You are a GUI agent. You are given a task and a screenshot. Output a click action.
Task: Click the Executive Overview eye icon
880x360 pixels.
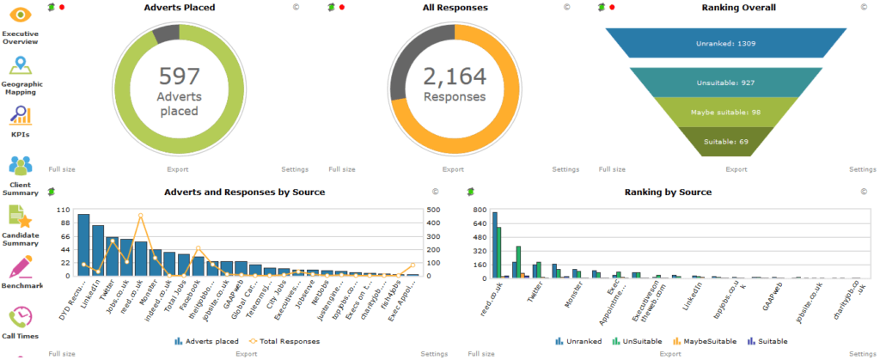pyautogui.click(x=21, y=15)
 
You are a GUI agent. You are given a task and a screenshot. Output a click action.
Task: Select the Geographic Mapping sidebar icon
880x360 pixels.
pyautogui.click(x=21, y=65)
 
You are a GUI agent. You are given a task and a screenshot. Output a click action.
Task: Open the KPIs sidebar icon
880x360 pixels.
pyautogui.click(x=21, y=116)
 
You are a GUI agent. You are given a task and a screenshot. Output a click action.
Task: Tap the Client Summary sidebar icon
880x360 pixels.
pyautogui.click(x=21, y=166)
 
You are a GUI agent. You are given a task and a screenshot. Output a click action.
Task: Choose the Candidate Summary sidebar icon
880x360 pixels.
pyautogui.click(x=21, y=217)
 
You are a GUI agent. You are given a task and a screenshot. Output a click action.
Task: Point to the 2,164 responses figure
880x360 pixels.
pyautogui.click(x=455, y=76)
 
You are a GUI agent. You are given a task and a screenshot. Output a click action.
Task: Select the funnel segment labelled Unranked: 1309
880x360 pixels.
pyautogui.click(x=726, y=42)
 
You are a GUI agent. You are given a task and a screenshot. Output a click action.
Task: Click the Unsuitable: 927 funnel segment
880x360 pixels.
pyautogui.click(x=726, y=82)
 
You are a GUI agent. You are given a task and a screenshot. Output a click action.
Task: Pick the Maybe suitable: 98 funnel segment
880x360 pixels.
pyautogui.click(x=726, y=113)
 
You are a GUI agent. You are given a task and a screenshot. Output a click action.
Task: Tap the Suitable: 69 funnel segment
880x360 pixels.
pyautogui.click(x=726, y=142)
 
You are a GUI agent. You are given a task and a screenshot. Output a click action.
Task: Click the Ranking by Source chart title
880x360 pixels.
pyautogui.click(x=667, y=192)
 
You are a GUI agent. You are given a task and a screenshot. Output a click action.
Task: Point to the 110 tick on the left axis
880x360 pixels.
pyautogui.click(x=62, y=210)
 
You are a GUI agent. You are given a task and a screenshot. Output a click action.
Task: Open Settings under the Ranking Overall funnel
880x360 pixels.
pyautogui.click(x=863, y=170)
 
